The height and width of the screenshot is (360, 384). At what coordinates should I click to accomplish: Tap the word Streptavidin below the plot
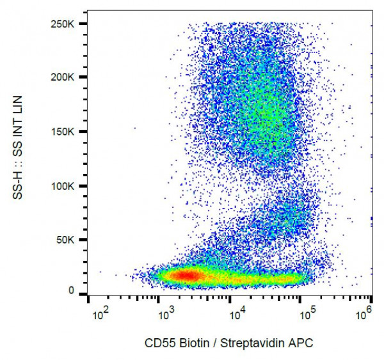[x=245, y=343]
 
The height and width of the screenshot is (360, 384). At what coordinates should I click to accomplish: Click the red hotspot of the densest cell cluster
[x=186, y=275]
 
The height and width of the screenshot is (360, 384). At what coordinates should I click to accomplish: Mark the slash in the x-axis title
[x=212, y=343]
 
